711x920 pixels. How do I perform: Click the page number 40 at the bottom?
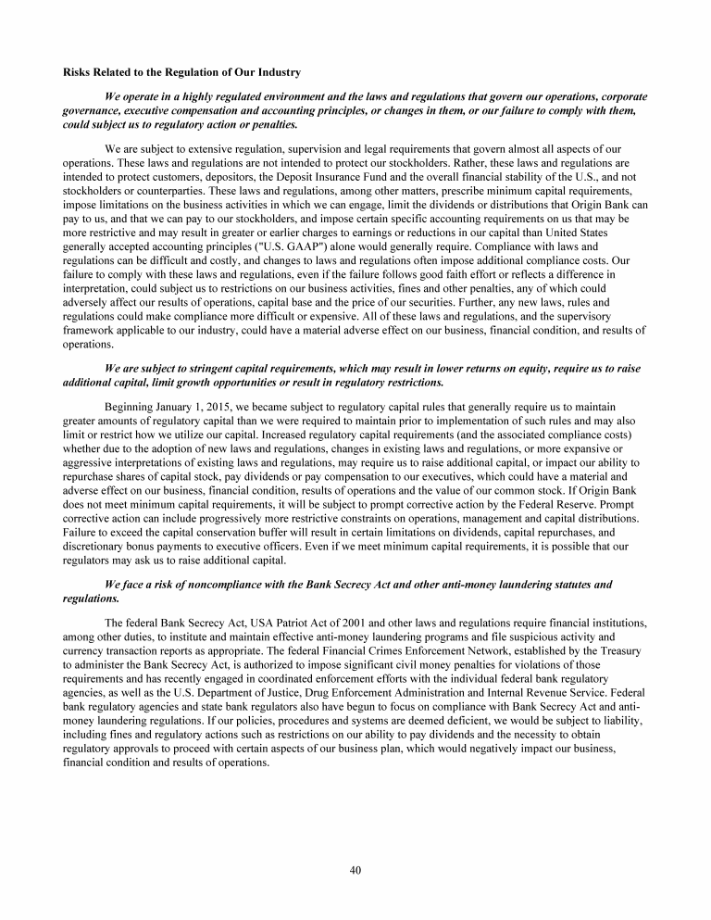tap(355, 869)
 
